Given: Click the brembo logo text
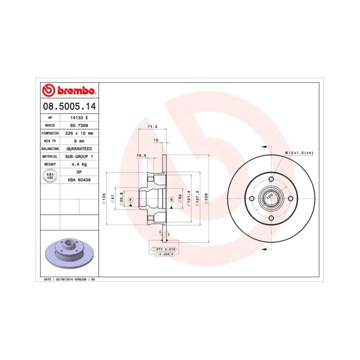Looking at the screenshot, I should coord(75,91).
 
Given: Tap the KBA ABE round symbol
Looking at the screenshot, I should coord(50,176).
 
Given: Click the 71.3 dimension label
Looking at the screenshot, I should coord(152,127).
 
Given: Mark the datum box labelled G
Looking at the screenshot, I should coord(171,199).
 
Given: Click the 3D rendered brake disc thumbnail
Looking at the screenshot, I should coord(68,254).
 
